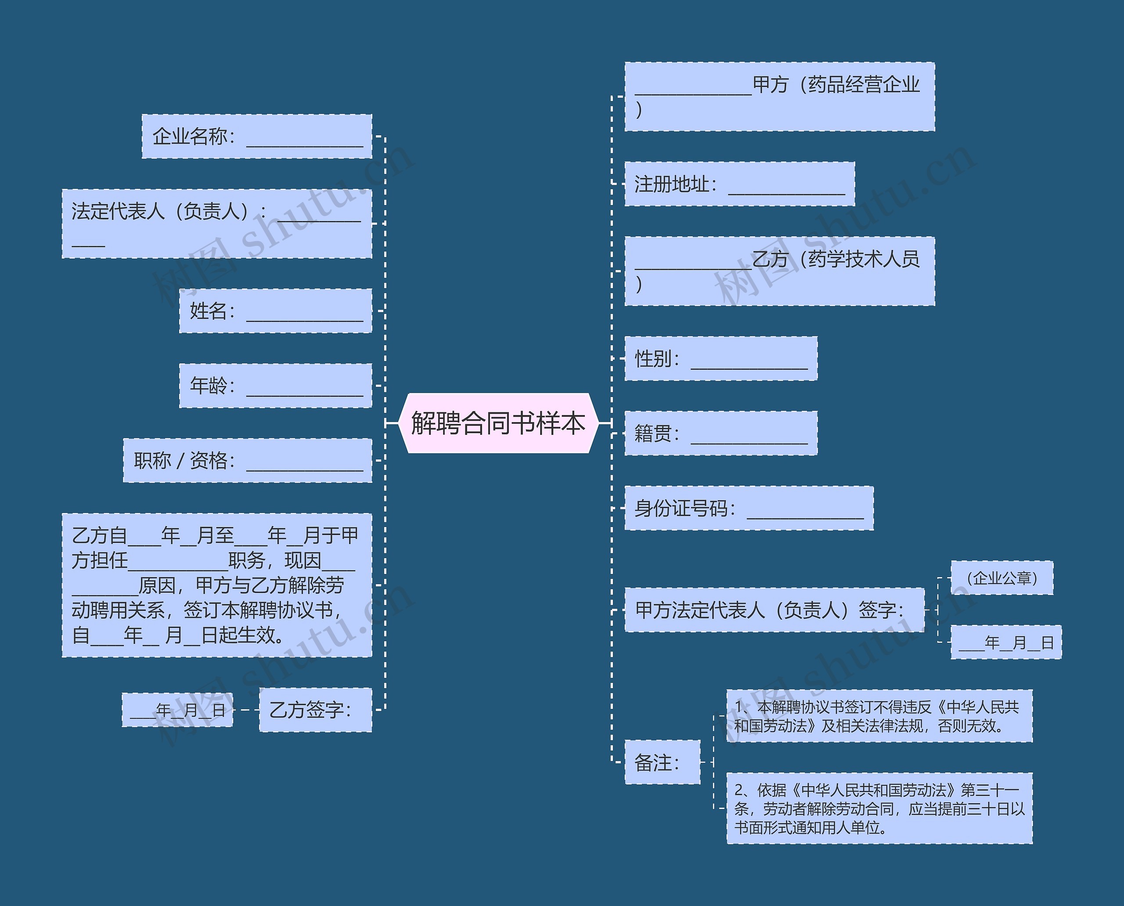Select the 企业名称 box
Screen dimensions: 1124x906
coord(257,136)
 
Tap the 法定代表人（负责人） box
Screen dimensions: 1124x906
coord(216,224)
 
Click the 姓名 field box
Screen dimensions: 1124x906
coord(276,310)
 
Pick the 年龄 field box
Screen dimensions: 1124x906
coord(276,386)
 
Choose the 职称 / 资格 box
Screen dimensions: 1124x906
coord(247,460)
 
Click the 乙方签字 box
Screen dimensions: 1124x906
coord(315,710)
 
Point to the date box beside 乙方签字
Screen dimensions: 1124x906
coord(177,710)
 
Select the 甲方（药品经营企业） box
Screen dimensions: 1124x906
coord(779,97)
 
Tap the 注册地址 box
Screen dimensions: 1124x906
coord(739,184)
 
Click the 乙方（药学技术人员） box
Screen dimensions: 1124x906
coord(779,271)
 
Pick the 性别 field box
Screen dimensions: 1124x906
coord(721,358)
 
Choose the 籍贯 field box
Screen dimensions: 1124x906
coord(721,433)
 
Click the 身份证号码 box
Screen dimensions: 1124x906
coord(749,508)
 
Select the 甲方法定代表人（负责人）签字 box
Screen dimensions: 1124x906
coord(774,610)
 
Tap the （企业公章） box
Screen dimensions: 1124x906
coord(1002,578)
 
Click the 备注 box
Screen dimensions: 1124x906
coord(662,762)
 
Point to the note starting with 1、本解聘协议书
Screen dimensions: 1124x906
coord(879,716)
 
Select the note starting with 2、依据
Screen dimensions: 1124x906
coord(879,809)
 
